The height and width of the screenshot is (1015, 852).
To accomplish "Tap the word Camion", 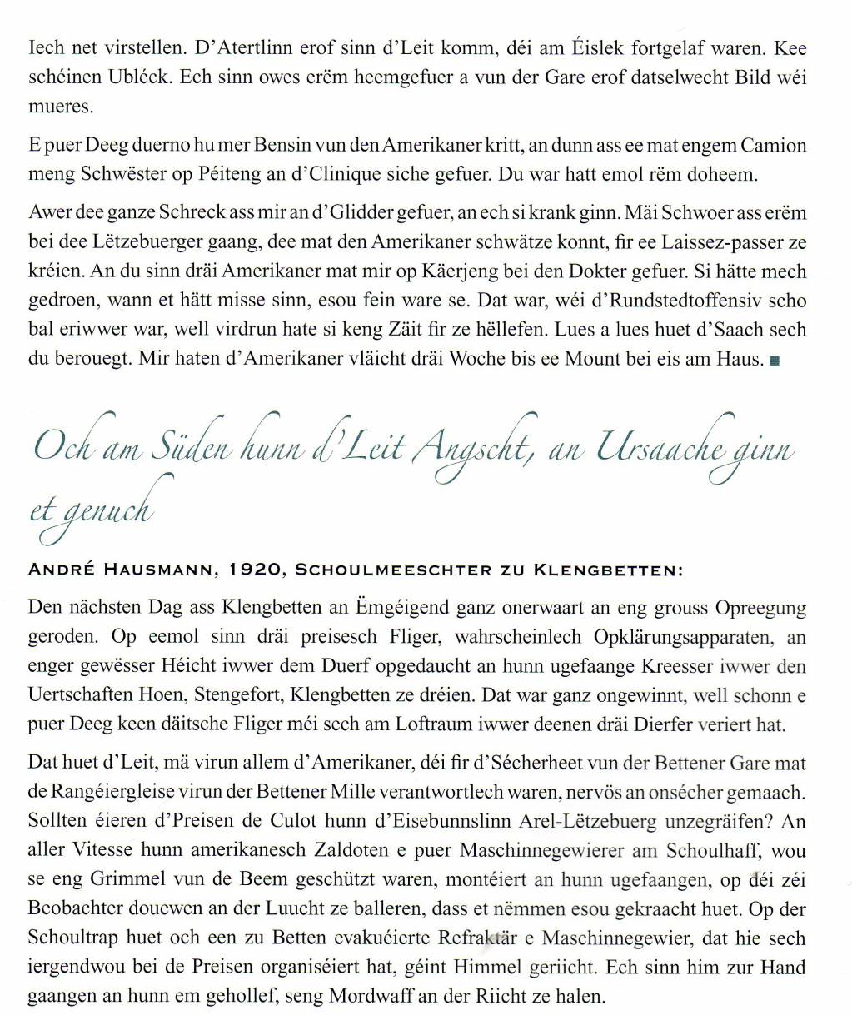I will point(775,146).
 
